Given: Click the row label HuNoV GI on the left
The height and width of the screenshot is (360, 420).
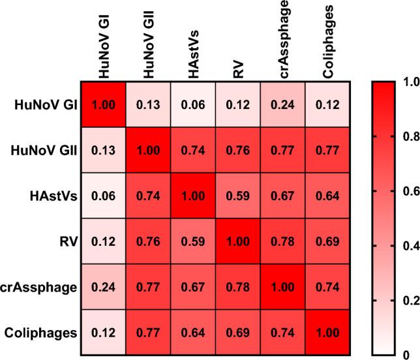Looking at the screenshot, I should coord(44,105).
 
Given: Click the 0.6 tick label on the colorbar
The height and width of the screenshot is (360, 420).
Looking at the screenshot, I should coord(409,192).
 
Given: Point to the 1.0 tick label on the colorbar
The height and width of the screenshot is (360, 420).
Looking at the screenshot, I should coord(409,83).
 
